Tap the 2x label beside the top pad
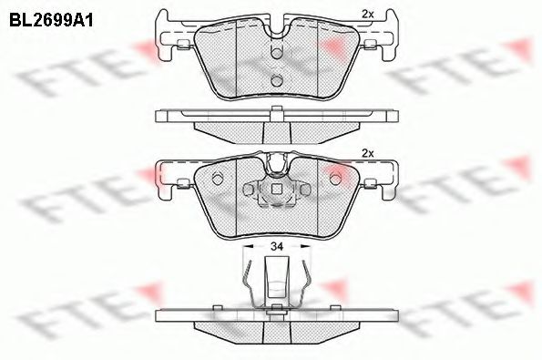tap(368, 15)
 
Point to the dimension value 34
tap(274, 246)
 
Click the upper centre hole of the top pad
tap(274, 56)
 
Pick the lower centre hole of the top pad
tap(274, 82)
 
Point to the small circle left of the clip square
tap(251, 189)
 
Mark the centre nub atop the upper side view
tap(274, 111)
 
